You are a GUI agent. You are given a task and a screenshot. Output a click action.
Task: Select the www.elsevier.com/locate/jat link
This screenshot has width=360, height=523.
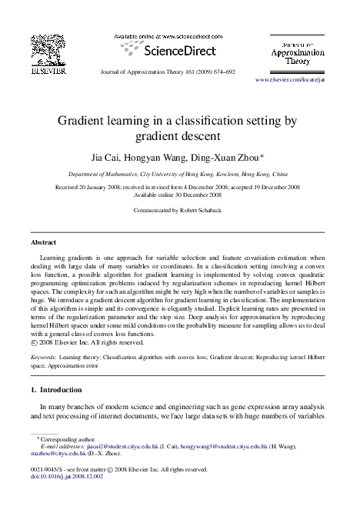(296, 80)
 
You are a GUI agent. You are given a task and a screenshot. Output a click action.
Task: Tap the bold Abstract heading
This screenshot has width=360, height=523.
(42, 242)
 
